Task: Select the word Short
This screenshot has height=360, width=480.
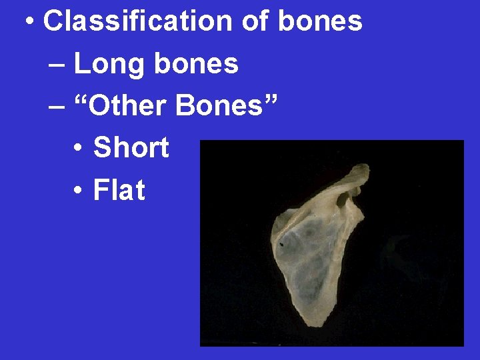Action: click(131, 147)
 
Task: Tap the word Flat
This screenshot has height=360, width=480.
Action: click(119, 190)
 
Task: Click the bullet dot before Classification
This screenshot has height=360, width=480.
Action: click(29, 23)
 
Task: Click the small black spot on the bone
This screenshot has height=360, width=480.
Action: click(282, 245)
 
